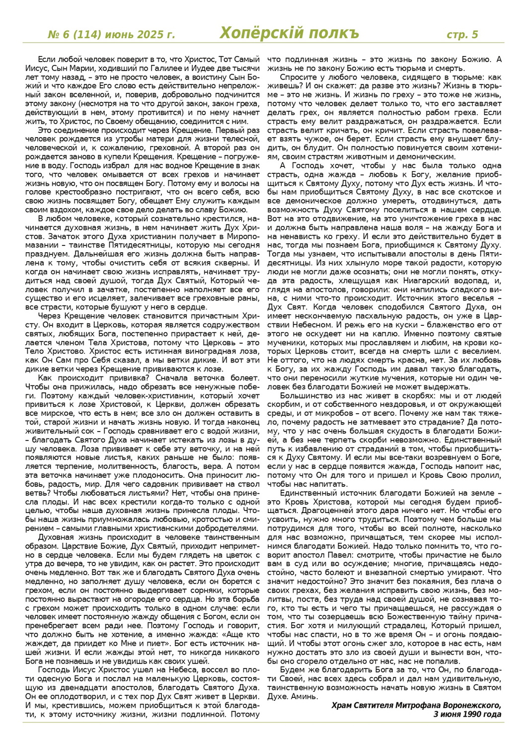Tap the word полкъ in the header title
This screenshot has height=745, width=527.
(332, 33)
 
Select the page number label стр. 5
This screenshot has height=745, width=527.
(462, 35)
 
